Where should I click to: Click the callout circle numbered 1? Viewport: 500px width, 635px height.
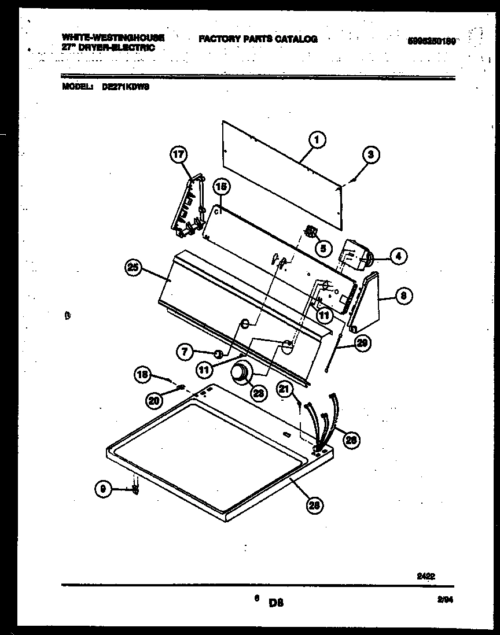pos(317,139)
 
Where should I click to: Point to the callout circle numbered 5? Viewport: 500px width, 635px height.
pos(323,248)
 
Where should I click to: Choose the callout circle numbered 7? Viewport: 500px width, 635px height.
pos(185,350)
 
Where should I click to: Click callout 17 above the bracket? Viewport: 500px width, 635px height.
pos(179,154)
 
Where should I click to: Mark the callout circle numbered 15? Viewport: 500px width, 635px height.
pos(220,186)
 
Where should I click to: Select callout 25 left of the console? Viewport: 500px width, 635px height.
pos(134,267)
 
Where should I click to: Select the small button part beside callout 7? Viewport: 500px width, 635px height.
pos(217,354)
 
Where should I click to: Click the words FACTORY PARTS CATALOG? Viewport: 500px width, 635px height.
pos(258,39)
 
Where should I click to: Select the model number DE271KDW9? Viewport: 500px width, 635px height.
pos(126,87)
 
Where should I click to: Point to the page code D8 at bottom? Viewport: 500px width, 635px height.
pos(275,603)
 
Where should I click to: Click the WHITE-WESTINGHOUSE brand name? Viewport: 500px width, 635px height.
pos(113,37)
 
